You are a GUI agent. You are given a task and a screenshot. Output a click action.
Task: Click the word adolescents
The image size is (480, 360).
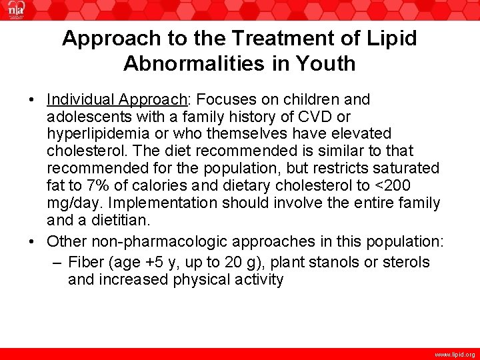[x=86, y=117]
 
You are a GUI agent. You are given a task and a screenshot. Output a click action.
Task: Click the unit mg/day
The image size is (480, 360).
[x=72, y=203]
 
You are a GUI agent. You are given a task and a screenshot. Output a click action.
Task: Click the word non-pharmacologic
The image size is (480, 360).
[x=158, y=241]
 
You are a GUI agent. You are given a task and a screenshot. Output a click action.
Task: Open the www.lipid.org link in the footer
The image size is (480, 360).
[x=455, y=355]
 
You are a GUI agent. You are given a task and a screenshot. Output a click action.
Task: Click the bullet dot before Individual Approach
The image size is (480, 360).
[x=32, y=101]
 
